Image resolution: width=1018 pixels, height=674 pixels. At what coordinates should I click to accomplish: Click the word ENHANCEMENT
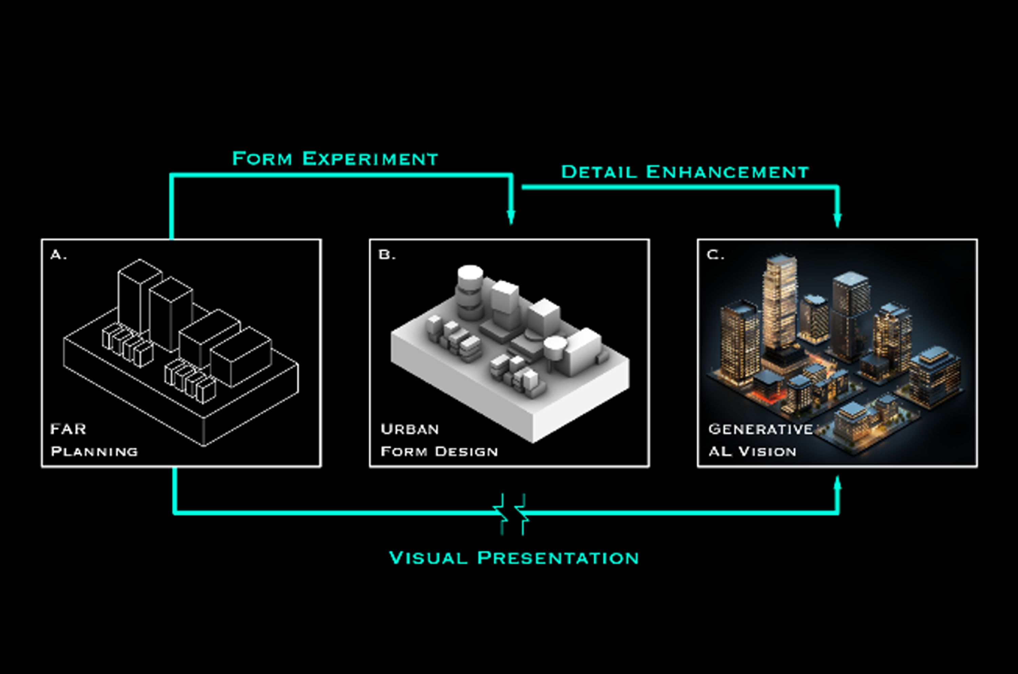click(727, 172)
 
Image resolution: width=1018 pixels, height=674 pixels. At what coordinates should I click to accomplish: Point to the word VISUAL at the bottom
click(428, 558)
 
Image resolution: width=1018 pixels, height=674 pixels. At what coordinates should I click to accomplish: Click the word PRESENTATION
click(558, 558)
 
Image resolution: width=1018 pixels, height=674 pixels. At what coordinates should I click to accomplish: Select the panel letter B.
click(386, 255)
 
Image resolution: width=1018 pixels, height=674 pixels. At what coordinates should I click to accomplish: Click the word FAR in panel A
click(68, 429)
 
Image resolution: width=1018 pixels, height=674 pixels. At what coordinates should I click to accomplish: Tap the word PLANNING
click(94, 451)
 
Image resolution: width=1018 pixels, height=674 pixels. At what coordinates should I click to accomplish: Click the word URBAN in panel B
click(410, 429)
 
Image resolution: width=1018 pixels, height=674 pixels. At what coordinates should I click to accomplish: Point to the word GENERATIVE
click(760, 429)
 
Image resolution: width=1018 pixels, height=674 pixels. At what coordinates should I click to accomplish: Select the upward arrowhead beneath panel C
click(837, 483)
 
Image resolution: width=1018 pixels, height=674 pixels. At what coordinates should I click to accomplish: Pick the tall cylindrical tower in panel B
click(470, 292)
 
